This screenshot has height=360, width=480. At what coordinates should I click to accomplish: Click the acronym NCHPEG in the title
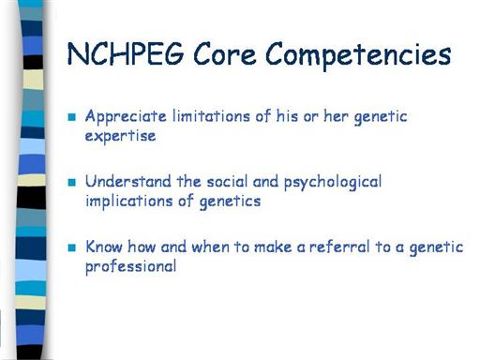pyautogui.click(x=126, y=53)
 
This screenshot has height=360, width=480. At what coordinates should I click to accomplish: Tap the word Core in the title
pyautogui.click(x=225, y=54)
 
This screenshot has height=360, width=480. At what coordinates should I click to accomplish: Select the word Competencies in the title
pyautogui.click(x=358, y=56)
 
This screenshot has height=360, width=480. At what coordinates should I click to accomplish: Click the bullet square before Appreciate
pyautogui.click(x=72, y=117)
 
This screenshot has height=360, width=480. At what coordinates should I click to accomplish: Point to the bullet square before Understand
pyautogui.click(x=72, y=182)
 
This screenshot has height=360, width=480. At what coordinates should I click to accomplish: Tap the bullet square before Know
pyautogui.click(x=72, y=247)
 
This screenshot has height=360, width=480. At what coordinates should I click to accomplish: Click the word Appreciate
pyautogui.click(x=126, y=117)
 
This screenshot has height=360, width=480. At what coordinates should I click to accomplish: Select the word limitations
pyautogui.click(x=211, y=116)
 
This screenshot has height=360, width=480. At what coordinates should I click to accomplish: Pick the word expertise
pyautogui.click(x=120, y=137)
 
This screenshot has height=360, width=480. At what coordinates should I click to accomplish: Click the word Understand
pyautogui.click(x=128, y=181)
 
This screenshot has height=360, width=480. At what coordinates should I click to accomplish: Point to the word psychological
pyautogui.click(x=333, y=183)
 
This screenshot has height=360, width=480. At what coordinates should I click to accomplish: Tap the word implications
pyautogui.click(x=129, y=202)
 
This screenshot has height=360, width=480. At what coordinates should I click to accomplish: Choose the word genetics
pyautogui.click(x=230, y=202)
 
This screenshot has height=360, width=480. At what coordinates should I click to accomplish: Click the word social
pyautogui.click(x=227, y=181)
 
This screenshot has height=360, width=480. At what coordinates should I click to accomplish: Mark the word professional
pyautogui.click(x=130, y=267)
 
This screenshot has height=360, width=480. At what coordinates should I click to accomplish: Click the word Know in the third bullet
pyautogui.click(x=104, y=247)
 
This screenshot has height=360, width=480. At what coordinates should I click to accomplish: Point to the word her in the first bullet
pyautogui.click(x=336, y=116)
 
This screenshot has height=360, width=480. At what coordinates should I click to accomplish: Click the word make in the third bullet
pyautogui.click(x=273, y=247)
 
